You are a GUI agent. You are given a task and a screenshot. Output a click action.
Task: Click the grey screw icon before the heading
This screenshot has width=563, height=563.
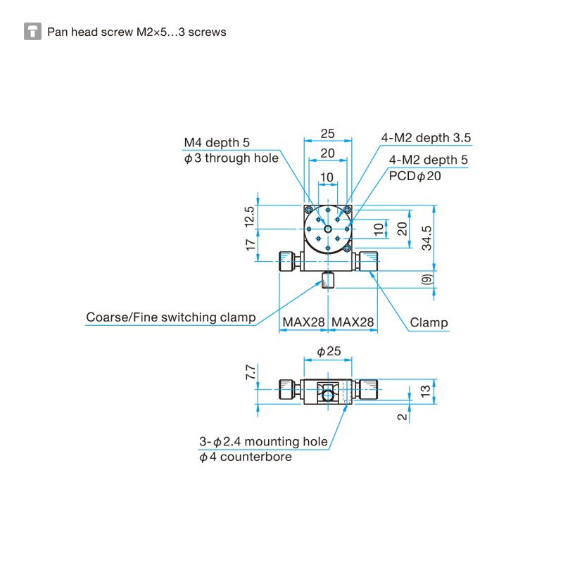pos(32,32)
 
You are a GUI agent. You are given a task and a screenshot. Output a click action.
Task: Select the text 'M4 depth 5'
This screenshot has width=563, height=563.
pos(217,143)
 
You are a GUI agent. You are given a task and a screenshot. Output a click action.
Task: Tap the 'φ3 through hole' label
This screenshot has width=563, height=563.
pos(231,158)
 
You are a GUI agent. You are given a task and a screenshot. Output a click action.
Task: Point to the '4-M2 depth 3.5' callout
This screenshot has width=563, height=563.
pos(426,138)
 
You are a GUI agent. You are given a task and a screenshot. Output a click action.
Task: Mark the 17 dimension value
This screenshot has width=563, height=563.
pos(251,246)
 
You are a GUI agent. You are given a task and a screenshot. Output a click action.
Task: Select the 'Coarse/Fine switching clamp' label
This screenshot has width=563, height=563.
pos(170,317)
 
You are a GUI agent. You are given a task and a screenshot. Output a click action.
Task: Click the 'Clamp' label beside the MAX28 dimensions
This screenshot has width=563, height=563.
pos(429,323)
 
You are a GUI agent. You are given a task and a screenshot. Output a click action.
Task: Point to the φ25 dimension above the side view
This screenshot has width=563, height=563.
pos(328,350)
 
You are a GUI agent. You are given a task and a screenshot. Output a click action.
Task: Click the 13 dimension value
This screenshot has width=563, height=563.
pos(424,391)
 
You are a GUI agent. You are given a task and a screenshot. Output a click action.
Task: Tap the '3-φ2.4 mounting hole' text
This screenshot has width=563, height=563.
pos(263,442)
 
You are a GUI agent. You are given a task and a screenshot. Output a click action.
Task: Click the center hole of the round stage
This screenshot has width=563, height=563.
pos(328,229)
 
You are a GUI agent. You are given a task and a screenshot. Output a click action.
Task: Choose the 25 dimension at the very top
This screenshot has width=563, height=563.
pos(327,133)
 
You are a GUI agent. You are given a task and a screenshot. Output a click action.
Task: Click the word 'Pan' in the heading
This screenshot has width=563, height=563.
pos(56,32)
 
